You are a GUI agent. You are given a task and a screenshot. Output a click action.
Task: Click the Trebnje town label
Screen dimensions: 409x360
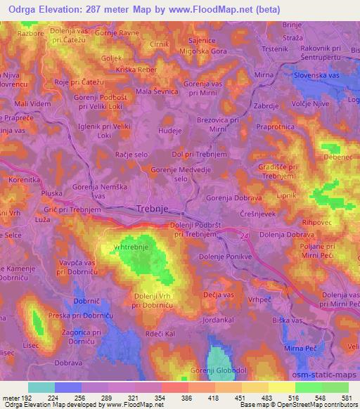coord(157,209)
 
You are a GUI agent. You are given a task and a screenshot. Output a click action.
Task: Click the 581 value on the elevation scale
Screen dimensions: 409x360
coord(345,397)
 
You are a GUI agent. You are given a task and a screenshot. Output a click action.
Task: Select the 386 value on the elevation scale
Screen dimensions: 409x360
coord(167,397)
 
